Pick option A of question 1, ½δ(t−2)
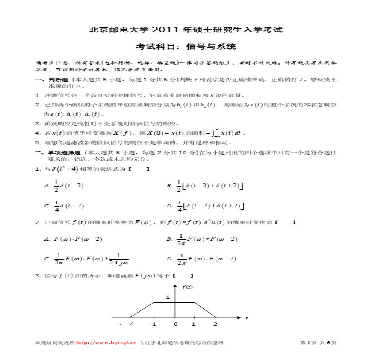coord(68,186)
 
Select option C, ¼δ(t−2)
coord(68,206)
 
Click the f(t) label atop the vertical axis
coord(187,287)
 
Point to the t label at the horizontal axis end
coord(247,318)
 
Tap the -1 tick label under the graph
coord(153,325)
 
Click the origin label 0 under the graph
coord(175,325)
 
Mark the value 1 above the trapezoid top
coord(168,297)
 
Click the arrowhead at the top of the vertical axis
coord(175,286)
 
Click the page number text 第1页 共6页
coord(319,342)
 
